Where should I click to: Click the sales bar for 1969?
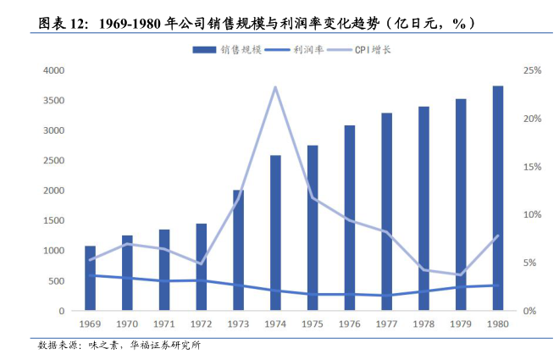coord(90,279)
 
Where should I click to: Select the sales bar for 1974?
coord(275,233)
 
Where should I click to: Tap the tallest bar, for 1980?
coord(498,198)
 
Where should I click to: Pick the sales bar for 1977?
coord(386,212)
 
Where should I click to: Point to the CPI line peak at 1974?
coord(275,86)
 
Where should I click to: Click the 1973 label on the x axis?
coord(238,324)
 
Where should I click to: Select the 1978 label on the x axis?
coord(423,324)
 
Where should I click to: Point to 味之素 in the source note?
coord(104,346)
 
